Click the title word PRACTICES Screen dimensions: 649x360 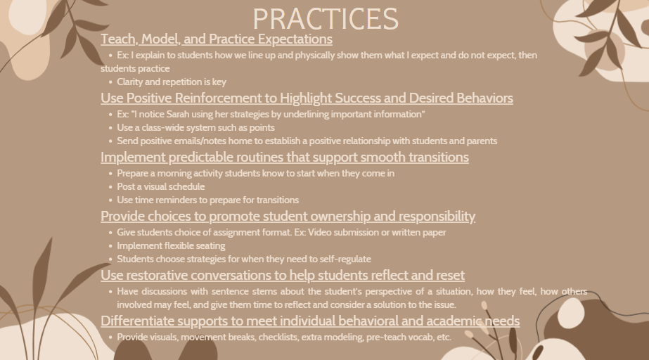tap(326, 18)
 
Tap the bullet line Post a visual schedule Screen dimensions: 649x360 tap(160, 186)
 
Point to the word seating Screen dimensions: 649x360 tap(211, 246)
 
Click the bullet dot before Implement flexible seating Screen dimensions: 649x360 tap(110, 246)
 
